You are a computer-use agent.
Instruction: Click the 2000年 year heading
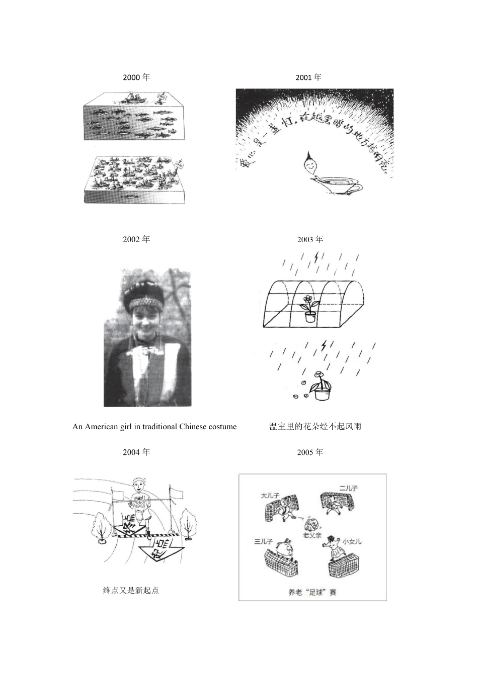coord(136,77)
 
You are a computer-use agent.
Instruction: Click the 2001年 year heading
coord(308,77)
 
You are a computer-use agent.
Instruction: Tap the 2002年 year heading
coord(136,239)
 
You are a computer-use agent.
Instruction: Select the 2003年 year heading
coord(310,239)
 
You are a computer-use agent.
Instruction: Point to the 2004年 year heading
coord(136,452)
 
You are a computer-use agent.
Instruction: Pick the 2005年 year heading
coord(310,452)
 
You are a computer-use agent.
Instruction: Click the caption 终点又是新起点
coord(131,591)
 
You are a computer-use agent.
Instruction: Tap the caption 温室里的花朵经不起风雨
coord(315,427)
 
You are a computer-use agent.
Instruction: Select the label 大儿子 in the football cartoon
coord(270,495)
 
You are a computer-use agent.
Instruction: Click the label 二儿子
coord(348,488)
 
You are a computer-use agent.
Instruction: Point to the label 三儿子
coord(263,541)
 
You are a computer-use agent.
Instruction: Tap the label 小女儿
coord(352,541)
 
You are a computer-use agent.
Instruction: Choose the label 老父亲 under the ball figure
coord(312,536)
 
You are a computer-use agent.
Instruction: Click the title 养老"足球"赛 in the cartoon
coord(312,593)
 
